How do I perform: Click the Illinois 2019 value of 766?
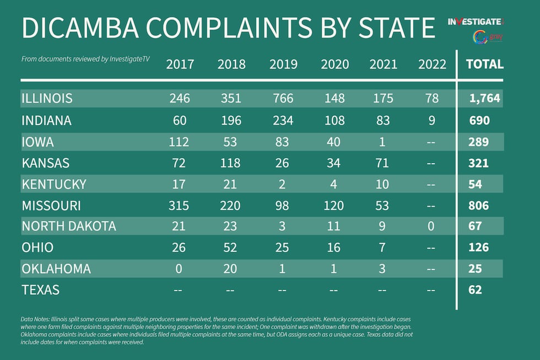(281, 99)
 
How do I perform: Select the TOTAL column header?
(484, 64)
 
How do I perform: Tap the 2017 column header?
(180, 65)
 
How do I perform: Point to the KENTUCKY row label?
(54, 184)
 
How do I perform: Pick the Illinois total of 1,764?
(484, 99)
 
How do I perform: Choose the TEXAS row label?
(40, 289)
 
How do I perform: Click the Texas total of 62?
(474, 289)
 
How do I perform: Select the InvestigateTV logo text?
(475, 22)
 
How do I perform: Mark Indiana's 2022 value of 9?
(432, 120)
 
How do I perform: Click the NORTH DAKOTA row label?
(69, 226)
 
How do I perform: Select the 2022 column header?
(432, 65)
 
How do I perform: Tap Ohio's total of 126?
(478, 247)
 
